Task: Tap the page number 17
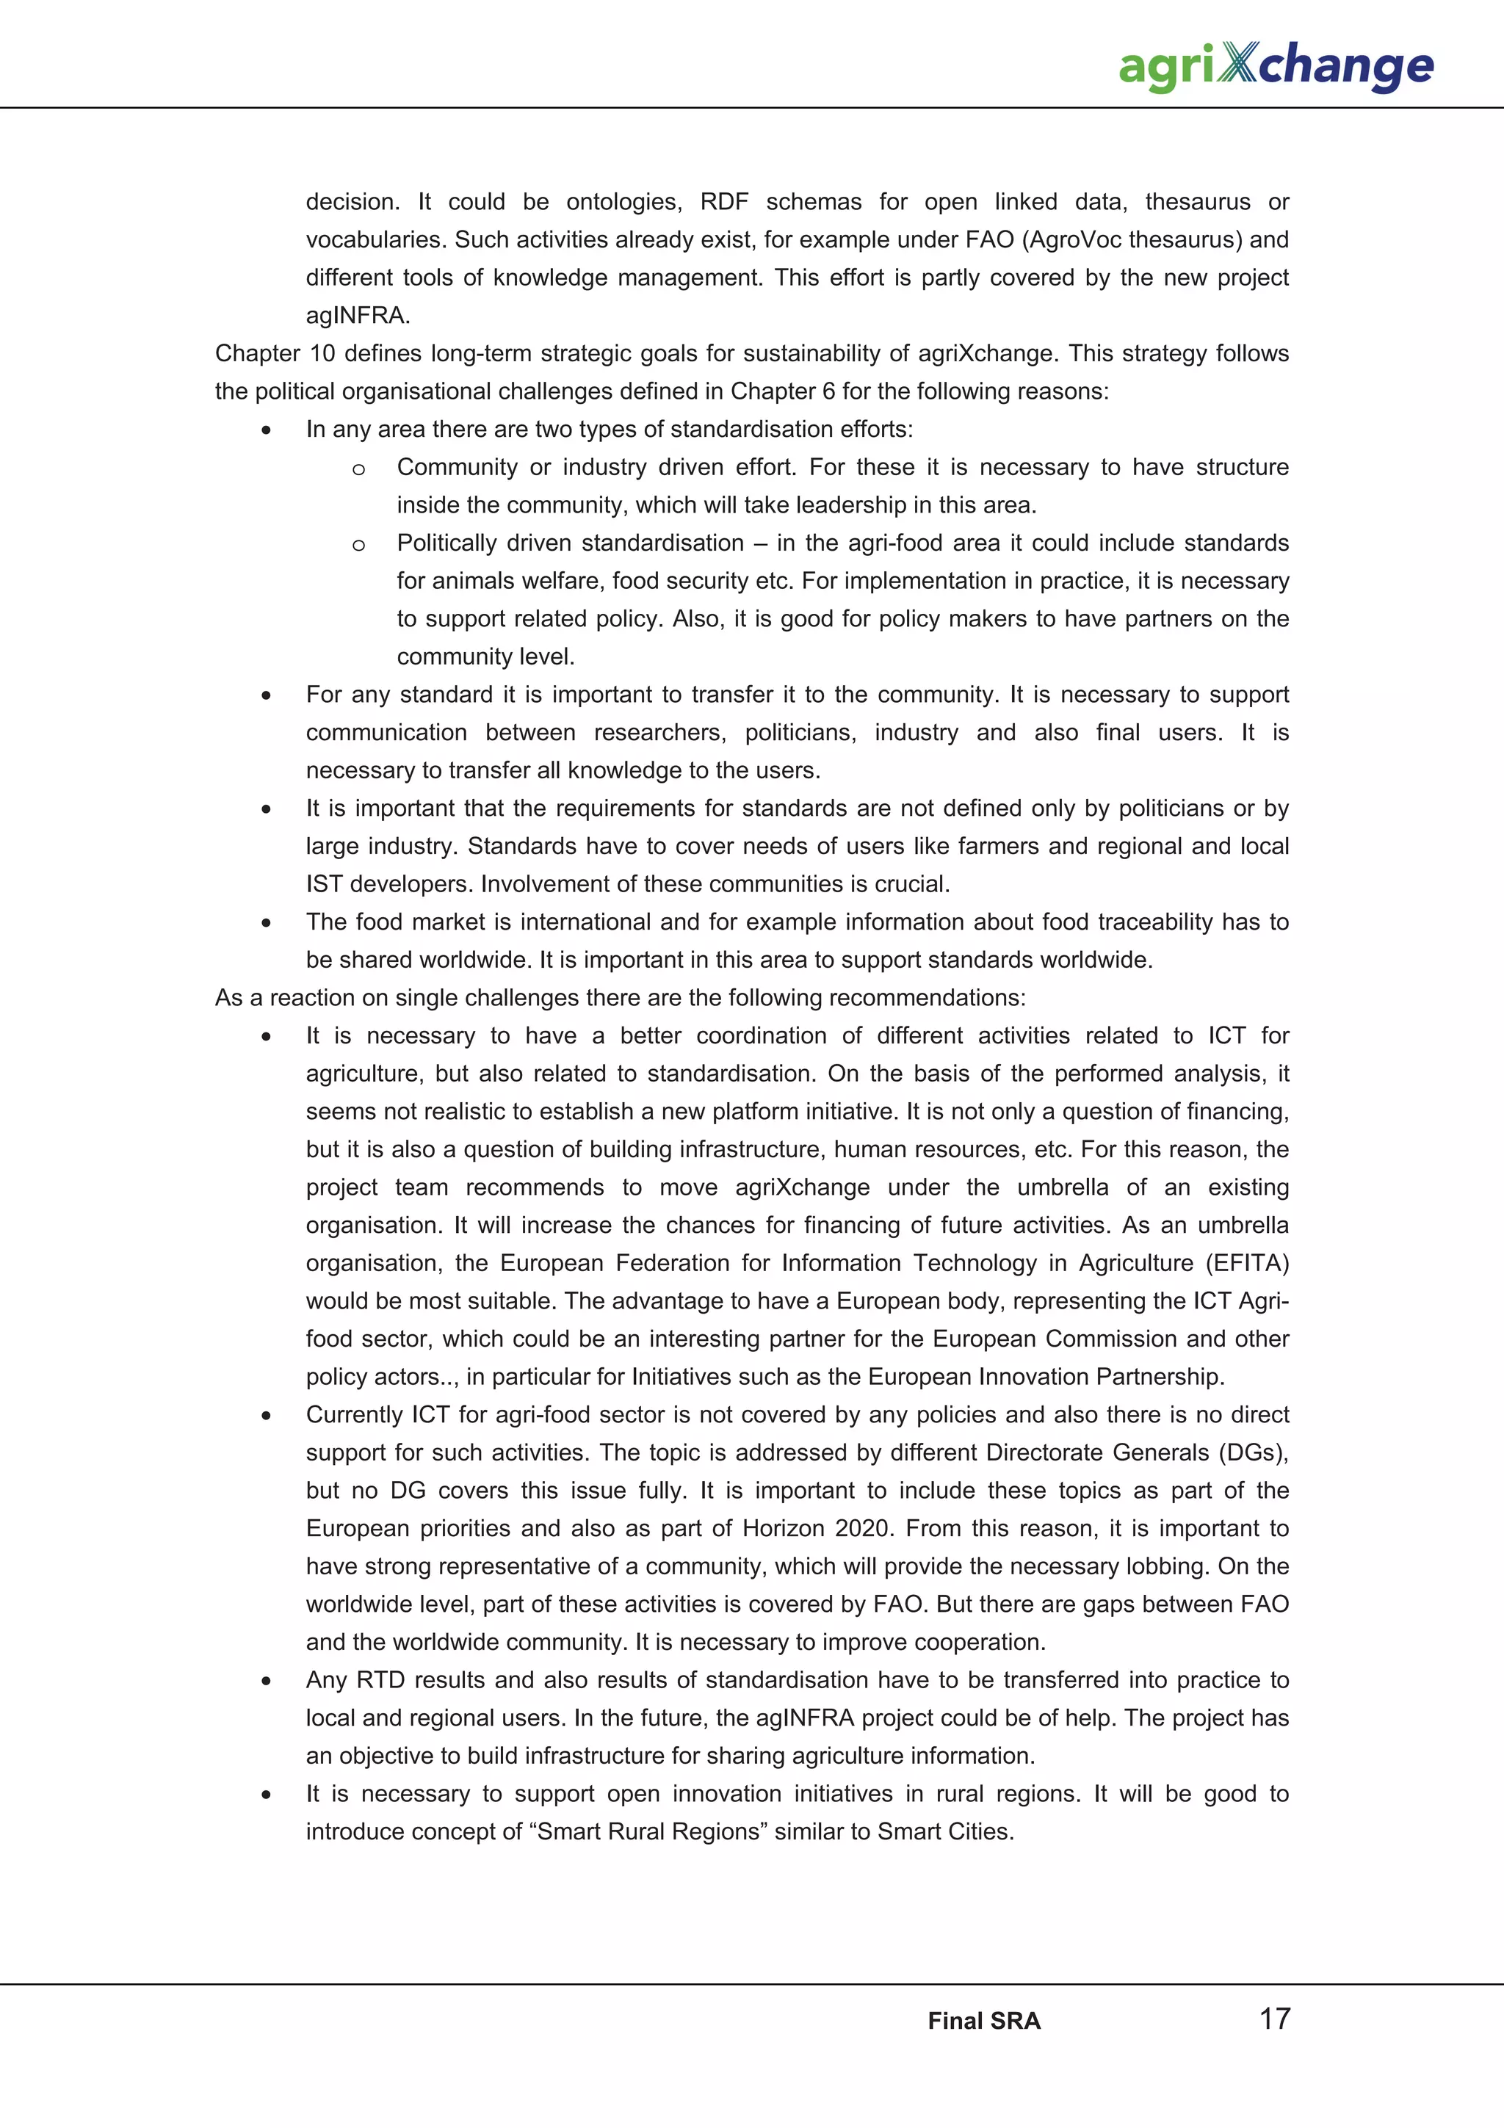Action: click(x=1274, y=2018)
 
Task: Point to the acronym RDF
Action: click(x=724, y=202)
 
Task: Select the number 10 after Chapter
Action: click(x=322, y=353)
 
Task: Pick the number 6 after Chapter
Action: click(x=828, y=391)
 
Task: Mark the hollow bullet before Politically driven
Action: click(x=358, y=545)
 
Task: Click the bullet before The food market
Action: click(x=266, y=923)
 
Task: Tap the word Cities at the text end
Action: click(x=980, y=1831)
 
